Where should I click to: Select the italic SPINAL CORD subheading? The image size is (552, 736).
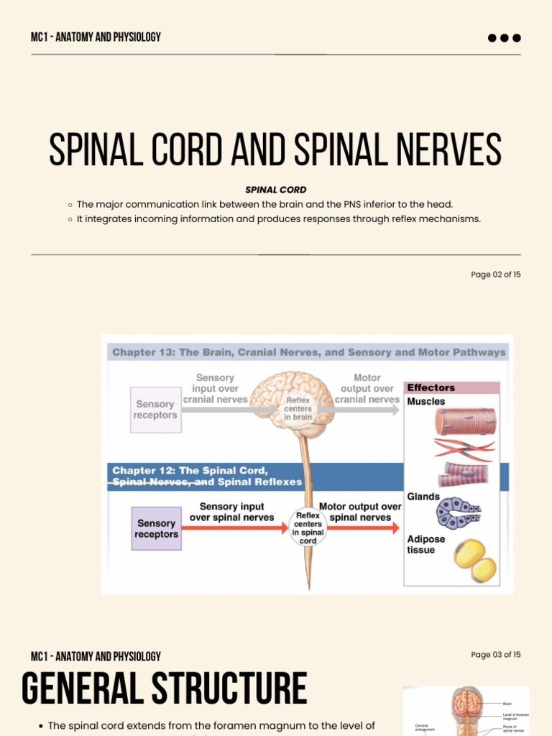pos(276,190)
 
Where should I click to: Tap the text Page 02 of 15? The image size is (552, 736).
pos(495,275)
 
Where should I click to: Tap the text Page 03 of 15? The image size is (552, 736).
pos(495,655)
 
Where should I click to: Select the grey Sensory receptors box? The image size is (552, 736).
pos(155,410)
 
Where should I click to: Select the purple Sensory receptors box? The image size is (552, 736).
pos(156,529)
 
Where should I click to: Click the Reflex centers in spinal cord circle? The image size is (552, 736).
pos(308,527)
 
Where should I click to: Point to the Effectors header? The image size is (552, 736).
pos(431,387)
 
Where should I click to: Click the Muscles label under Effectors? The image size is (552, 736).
pos(425,402)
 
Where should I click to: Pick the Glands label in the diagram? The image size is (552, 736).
pos(423,497)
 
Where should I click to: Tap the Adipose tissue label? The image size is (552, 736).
pos(425,544)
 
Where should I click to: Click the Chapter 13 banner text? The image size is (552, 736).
pos(309,352)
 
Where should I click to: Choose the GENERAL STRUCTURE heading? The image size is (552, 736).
pos(164,688)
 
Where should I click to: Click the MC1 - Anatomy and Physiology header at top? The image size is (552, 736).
pos(96,37)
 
